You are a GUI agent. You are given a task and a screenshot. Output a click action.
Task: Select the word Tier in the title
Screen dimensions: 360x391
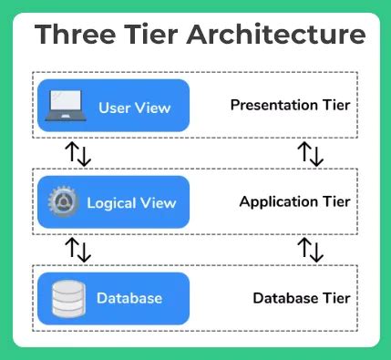(x=150, y=36)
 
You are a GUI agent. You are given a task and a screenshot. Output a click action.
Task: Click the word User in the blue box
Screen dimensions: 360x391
(x=115, y=108)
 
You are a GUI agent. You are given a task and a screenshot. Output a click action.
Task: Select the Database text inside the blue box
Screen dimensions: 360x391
(x=129, y=298)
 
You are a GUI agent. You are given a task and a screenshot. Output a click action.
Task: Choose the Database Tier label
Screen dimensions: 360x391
(x=301, y=298)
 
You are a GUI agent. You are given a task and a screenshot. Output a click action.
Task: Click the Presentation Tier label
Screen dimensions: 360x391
(x=291, y=105)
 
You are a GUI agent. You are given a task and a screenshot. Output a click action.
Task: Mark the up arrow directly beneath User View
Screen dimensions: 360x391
(x=72, y=151)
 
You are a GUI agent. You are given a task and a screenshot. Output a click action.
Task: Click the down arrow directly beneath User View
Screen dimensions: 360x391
(x=86, y=153)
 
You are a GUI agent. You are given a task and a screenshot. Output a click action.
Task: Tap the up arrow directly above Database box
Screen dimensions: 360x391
(x=72, y=248)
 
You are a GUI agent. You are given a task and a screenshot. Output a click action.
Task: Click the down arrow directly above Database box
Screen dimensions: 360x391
(x=86, y=250)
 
